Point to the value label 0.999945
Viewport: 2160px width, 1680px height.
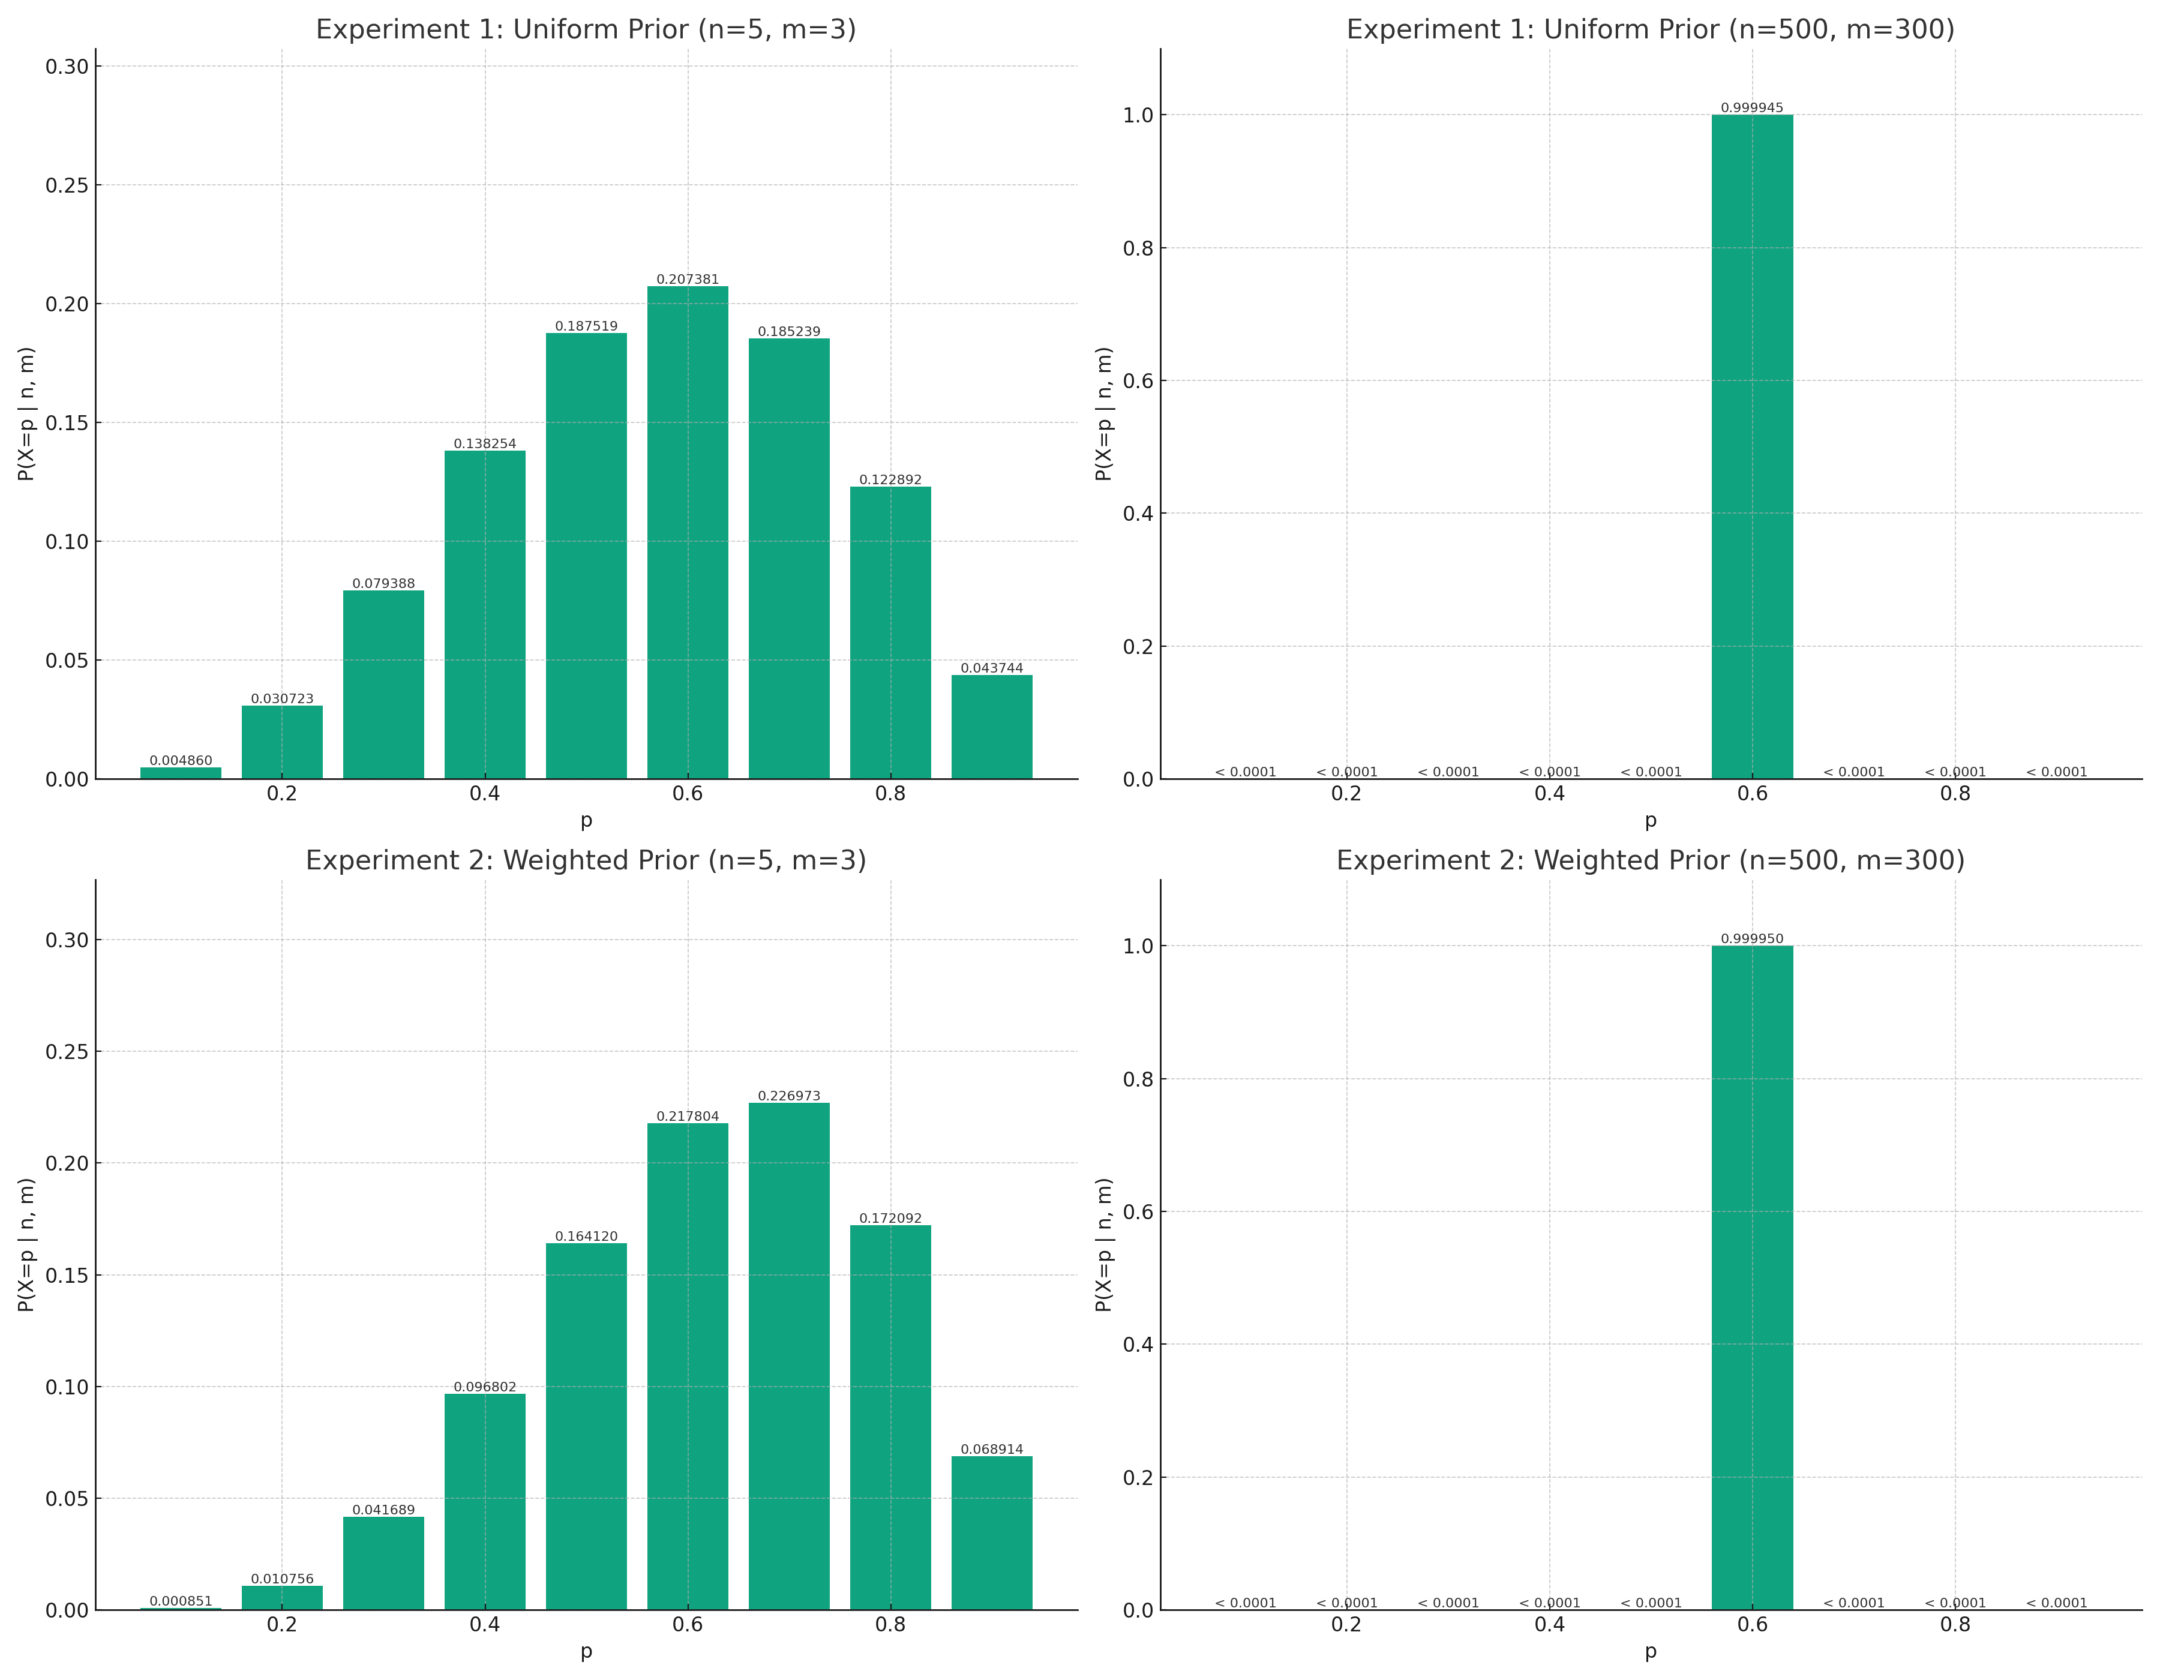1751,108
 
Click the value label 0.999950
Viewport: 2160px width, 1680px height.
1751,938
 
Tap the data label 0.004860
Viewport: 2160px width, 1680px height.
181,760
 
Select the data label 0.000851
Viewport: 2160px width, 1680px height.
181,1601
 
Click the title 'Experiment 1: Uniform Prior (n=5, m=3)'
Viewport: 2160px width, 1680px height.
586,29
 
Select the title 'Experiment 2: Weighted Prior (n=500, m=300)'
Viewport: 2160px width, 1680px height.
1649,860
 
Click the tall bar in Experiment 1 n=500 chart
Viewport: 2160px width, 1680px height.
1751,446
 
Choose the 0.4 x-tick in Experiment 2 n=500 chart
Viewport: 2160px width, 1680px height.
1549,1625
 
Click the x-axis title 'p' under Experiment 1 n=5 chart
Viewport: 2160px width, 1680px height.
586,821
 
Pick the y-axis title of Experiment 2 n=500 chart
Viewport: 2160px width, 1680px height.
1104,1244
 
